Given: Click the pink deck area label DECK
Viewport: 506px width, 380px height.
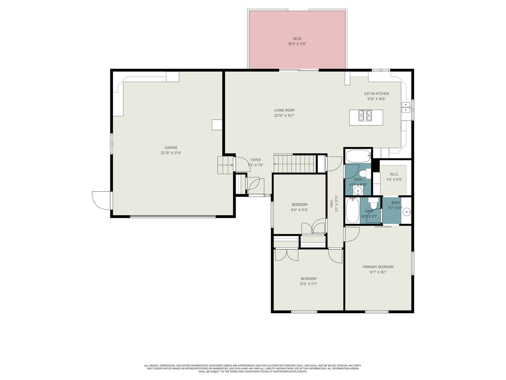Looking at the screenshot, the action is coord(297,39).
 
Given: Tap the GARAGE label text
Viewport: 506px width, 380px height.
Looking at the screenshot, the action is coord(171,148).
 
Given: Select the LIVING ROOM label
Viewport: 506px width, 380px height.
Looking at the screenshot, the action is coord(284,110).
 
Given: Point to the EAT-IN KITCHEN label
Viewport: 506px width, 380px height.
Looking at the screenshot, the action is coord(376,94).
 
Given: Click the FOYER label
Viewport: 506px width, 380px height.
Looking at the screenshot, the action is coord(256,160).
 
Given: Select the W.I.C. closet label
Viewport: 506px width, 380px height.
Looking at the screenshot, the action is coord(394,174).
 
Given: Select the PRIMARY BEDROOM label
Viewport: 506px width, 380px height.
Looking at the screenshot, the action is coord(378,267).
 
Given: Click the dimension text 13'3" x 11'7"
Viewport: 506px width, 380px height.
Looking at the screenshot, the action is coord(308,284).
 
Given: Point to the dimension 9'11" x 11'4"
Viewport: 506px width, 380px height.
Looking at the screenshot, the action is coord(299,210).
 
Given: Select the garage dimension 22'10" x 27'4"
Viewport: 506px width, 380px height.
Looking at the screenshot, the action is coord(171,153).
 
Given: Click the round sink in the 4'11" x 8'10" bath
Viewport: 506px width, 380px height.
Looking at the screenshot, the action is coord(358,191).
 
